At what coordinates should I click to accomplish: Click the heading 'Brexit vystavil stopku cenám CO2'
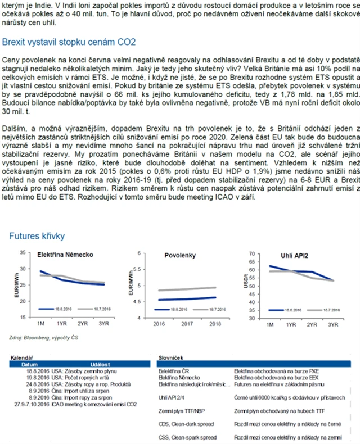click(69, 42)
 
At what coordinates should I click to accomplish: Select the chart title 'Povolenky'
click(180, 256)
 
